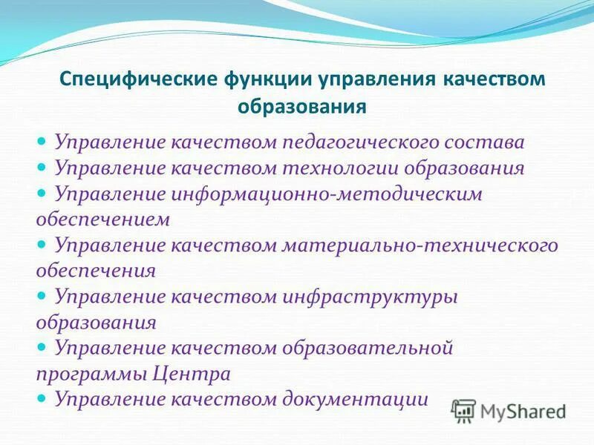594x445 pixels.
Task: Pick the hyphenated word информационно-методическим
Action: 328,194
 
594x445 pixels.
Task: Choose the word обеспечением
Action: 103,220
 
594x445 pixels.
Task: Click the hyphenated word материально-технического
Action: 420,245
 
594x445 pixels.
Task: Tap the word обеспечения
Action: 96,271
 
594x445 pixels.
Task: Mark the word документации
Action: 355,399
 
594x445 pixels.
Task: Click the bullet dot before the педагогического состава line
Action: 42,140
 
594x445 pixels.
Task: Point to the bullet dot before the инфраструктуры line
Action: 42,295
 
